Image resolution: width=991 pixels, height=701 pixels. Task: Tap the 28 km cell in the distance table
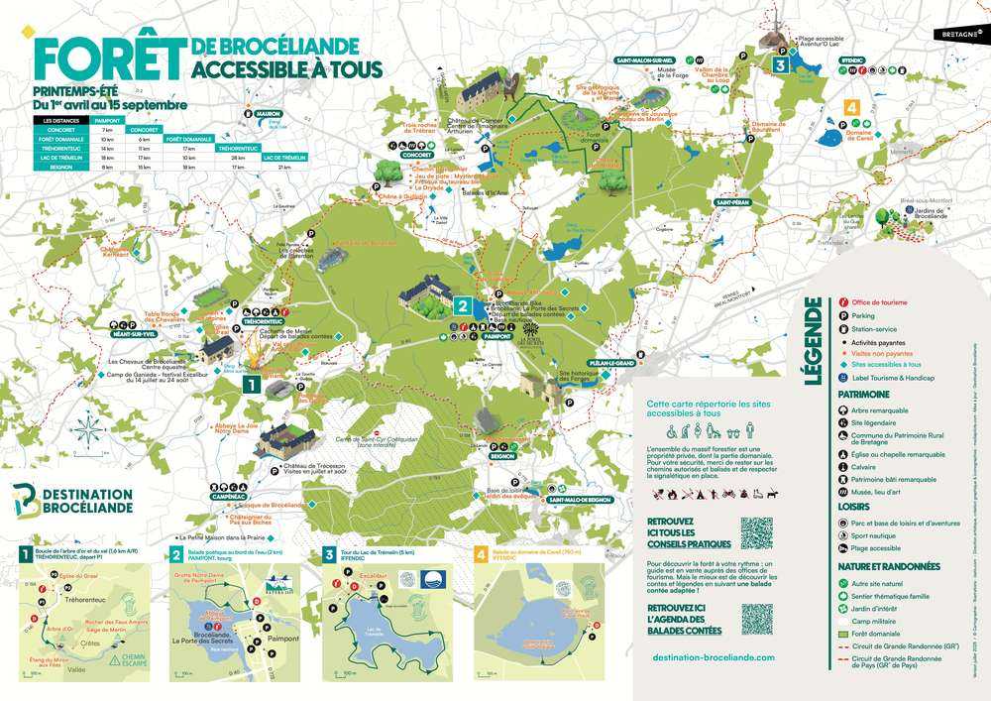pyautogui.click(x=239, y=157)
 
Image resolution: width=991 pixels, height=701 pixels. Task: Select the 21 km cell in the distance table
pyautogui.click(x=284, y=167)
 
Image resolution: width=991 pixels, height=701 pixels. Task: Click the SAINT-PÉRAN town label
pyautogui.click(x=725, y=202)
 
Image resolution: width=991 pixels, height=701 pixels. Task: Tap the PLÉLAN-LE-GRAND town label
pyautogui.click(x=610, y=364)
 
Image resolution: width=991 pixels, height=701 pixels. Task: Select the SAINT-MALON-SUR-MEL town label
pyautogui.click(x=645, y=60)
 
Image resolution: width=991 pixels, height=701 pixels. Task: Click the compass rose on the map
pyautogui.click(x=88, y=432)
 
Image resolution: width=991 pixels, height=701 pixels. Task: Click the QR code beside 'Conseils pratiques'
pyautogui.click(x=756, y=532)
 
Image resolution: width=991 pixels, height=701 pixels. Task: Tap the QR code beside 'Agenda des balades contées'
pyautogui.click(x=756, y=619)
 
